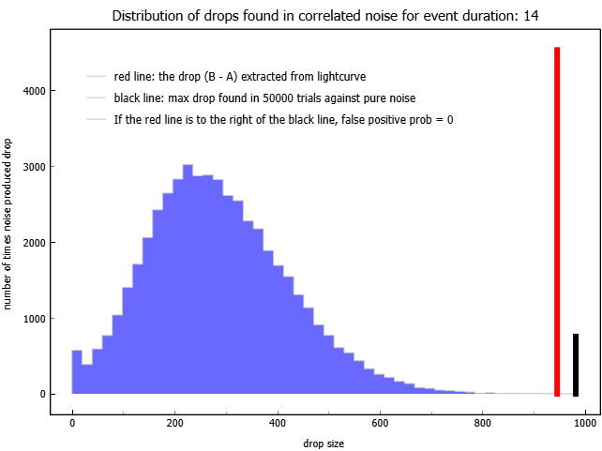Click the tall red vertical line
pyautogui.click(x=557, y=221)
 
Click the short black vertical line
pyautogui.click(x=576, y=365)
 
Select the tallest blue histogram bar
pyautogui.click(x=188, y=279)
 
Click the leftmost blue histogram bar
pyautogui.click(x=77, y=372)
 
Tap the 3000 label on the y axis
pyautogui.click(x=34, y=167)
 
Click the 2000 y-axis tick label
pyautogui.click(x=34, y=243)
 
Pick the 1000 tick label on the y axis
pyautogui.click(x=34, y=319)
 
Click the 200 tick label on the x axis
pyautogui.click(x=174, y=423)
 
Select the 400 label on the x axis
pyautogui.click(x=278, y=423)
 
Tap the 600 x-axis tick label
pyautogui.click(x=380, y=423)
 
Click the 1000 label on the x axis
pyautogui.click(x=585, y=423)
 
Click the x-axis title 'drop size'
pyautogui.click(x=324, y=443)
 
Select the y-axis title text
pyautogui.click(x=7, y=224)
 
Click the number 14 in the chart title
pyautogui.click(x=532, y=16)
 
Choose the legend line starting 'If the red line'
pyautogui.click(x=283, y=120)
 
